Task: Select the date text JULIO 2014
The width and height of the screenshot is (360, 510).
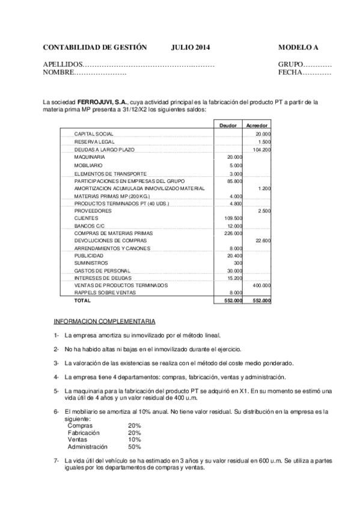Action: coord(191,47)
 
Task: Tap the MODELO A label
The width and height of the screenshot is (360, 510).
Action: coord(298,47)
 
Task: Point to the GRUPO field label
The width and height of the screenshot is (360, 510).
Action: coord(290,64)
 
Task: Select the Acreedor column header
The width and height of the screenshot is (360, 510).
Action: coord(257,125)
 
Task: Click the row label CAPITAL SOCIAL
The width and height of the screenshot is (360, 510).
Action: coord(94,134)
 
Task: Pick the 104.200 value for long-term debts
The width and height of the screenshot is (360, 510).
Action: coord(262,149)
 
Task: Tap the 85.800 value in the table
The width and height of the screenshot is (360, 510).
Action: coord(234,180)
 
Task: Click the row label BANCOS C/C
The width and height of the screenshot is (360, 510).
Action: coord(89,225)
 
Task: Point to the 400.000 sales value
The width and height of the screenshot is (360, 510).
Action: coord(261,284)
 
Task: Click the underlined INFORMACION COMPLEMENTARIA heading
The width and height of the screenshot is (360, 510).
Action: coord(104,321)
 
